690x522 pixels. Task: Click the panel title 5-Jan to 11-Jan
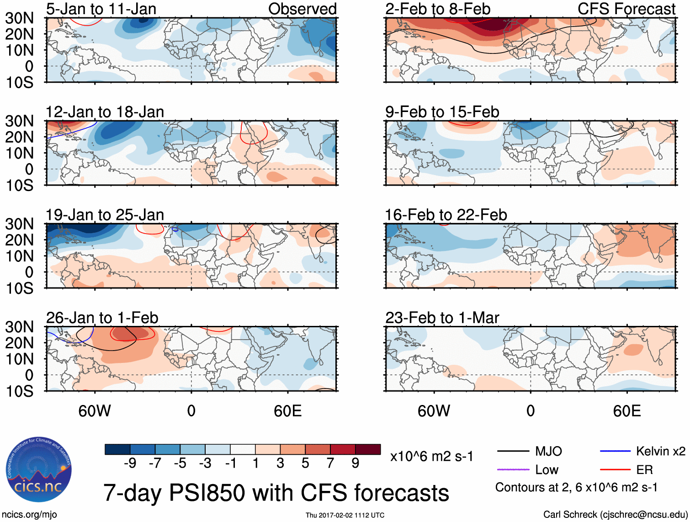coord(101,9)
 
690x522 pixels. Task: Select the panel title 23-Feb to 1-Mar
coord(442,318)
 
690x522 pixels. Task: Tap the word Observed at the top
coord(302,9)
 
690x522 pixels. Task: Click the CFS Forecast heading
coord(626,9)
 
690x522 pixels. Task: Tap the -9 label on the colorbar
coord(130,463)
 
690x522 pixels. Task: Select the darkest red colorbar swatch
coord(368,449)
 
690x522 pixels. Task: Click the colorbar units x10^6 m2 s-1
coord(431,456)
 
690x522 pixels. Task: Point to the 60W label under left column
coord(95,411)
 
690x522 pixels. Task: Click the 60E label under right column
coord(626,411)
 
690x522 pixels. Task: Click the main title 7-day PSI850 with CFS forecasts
coord(276,493)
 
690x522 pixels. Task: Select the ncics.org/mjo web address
coord(29,514)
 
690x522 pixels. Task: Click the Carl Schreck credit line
coord(615,514)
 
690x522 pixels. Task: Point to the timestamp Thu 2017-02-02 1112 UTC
coord(345,515)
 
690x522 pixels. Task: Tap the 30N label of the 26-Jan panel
coord(19,327)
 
